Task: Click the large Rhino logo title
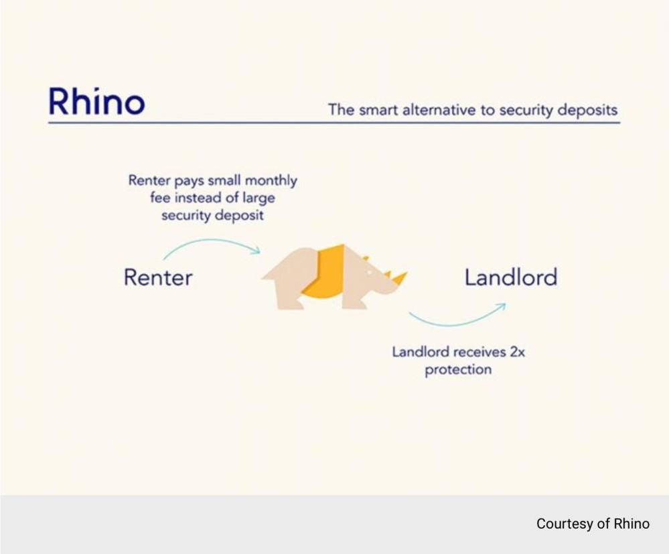click(x=97, y=102)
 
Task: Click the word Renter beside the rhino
click(x=158, y=277)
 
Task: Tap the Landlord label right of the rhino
click(x=511, y=277)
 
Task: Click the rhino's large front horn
click(x=400, y=278)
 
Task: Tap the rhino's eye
click(x=370, y=272)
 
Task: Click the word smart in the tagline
click(x=379, y=110)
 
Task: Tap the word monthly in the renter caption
click(x=271, y=181)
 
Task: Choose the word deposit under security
click(x=239, y=216)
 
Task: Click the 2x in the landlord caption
click(x=518, y=352)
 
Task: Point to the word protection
click(x=458, y=370)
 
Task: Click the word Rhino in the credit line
click(x=631, y=523)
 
